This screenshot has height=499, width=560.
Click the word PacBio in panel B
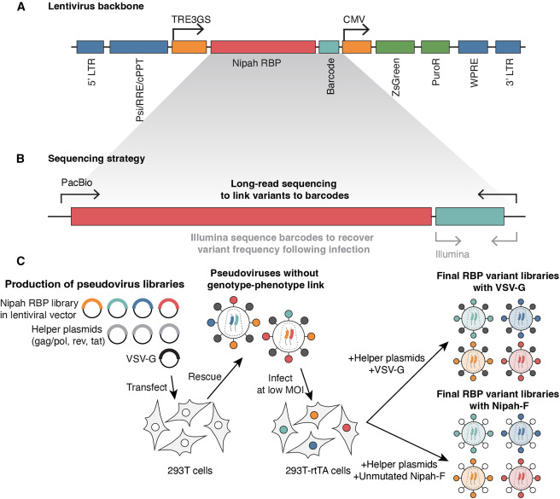[76, 183]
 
